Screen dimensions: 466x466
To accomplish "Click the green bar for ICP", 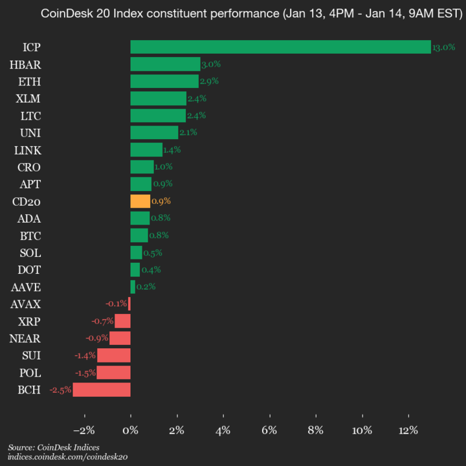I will [280, 47].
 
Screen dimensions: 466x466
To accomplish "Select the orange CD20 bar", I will [140, 201].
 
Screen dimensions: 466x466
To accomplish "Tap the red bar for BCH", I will [102, 390].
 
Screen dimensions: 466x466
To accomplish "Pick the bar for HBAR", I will [165, 64].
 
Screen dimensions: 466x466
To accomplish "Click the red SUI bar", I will [114, 355].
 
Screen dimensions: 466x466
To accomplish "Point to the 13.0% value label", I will [443, 48].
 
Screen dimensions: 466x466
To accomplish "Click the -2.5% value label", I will [60, 390].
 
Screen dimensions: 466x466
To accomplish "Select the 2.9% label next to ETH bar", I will [208, 82].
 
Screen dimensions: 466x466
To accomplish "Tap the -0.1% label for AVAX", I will [116, 304].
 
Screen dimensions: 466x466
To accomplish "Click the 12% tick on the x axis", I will [408, 430].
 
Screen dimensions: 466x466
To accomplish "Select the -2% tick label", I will [84, 430].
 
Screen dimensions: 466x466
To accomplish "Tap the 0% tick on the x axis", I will [131, 430].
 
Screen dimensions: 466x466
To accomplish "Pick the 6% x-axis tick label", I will [269, 430].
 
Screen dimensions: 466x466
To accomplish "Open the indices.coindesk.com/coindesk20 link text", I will [68, 457].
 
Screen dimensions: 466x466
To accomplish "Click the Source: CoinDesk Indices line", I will [54, 447].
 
